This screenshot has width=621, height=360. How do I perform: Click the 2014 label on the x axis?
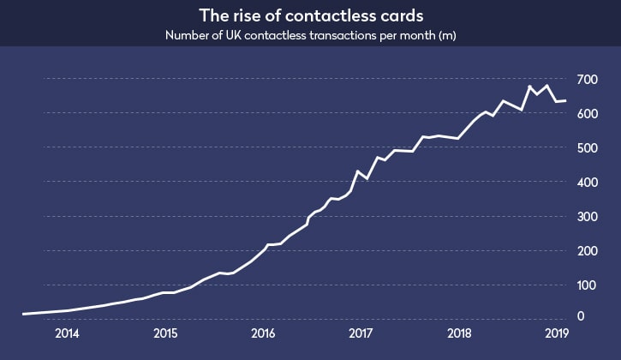67,333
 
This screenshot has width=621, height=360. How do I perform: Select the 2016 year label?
263,333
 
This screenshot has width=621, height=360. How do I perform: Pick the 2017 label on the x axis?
361,333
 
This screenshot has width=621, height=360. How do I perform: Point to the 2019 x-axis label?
557,333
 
